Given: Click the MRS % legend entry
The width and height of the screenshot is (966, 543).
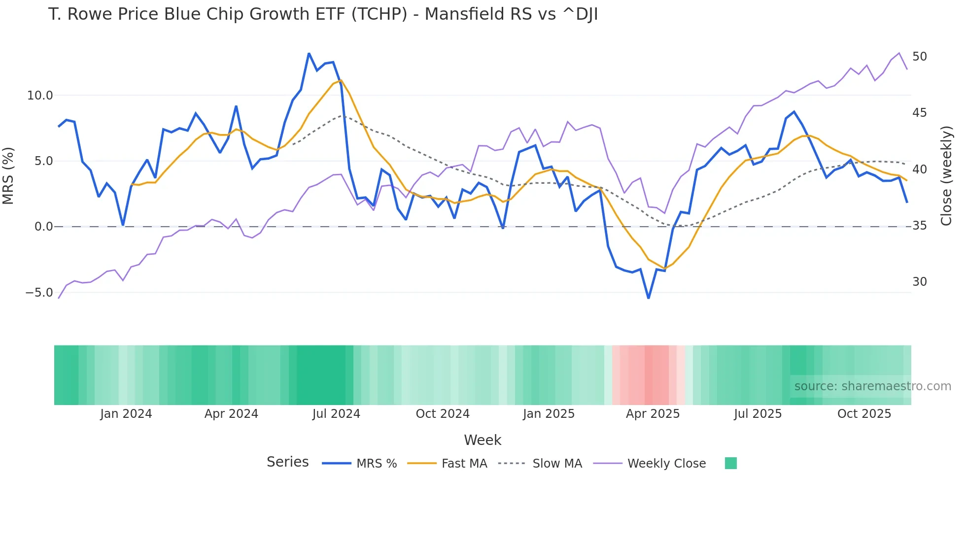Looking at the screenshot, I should tap(376, 464).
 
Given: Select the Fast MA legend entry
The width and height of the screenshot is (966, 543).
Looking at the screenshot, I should tap(464, 464).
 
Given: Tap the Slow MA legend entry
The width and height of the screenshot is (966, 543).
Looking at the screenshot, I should tap(557, 464).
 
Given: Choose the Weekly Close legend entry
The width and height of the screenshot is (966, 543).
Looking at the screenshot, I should tap(666, 464).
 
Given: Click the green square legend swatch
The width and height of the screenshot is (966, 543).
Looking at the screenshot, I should tap(731, 463).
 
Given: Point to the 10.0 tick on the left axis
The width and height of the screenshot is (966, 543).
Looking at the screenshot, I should tap(39, 96).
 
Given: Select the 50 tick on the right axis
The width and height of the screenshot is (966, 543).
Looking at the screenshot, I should tap(920, 57).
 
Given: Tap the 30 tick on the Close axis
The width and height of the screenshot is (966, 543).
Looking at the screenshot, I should tap(920, 282).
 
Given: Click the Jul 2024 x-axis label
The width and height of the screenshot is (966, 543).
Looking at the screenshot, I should tap(336, 414).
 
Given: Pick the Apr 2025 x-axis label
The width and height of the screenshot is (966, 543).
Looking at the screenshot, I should tap(653, 414).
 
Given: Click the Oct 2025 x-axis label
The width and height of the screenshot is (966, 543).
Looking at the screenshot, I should tap(864, 414).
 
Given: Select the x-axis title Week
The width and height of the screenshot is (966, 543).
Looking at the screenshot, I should tap(483, 440).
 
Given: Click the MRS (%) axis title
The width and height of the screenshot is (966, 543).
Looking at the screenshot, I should tap(8, 175).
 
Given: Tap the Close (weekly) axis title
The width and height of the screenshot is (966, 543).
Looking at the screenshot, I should tap(946, 175).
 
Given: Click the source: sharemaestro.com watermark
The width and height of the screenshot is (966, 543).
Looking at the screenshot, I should tap(872, 386).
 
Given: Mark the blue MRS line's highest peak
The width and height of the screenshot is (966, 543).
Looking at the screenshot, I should tap(309, 53).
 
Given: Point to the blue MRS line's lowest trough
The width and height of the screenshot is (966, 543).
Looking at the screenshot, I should tap(649, 298).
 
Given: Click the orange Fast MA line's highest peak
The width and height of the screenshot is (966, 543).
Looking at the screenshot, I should tap(341, 80).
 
